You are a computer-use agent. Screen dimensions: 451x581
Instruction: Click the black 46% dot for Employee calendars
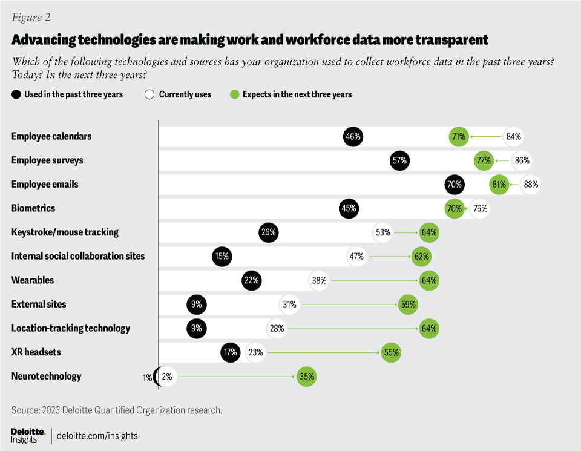coord(353,137)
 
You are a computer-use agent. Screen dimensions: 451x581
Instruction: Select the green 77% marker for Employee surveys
coord(483,160)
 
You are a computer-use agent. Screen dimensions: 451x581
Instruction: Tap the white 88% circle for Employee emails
coord(531,185)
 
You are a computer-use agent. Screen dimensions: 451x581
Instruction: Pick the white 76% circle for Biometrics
coord(479,208)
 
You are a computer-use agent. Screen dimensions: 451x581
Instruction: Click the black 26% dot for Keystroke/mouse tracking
coord(269,232)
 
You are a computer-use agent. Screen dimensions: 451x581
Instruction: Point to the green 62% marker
coord(422,256)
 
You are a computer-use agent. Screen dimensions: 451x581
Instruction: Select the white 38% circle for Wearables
coord(319,280)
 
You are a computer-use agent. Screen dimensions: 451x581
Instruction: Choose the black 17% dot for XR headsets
coord(231,352)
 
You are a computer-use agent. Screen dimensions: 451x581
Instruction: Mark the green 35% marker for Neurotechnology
coord(306,377)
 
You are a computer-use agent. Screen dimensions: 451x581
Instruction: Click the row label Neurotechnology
coord(46,377)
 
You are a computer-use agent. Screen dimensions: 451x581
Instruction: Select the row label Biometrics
coord(33,208)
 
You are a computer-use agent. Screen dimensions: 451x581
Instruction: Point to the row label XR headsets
coord(36,352)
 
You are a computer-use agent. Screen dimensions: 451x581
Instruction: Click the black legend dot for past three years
coord(16,94)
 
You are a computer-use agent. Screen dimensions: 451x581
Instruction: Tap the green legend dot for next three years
coord(235,94)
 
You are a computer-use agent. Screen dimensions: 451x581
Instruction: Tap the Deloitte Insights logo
coord(28,435)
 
